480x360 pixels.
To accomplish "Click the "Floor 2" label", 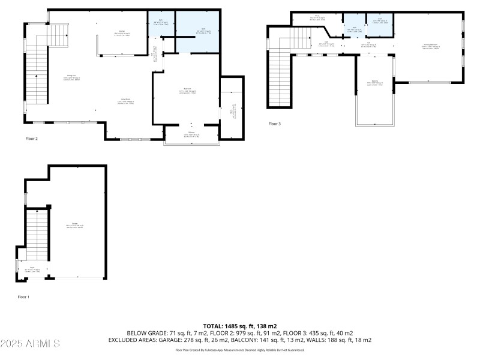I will click(32, 139).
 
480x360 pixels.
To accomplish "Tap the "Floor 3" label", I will click(274, 124).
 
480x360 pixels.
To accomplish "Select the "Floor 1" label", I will click(23, 296).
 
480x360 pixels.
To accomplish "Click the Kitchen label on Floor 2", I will click(121, 33).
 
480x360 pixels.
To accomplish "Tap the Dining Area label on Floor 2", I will click(71, 77).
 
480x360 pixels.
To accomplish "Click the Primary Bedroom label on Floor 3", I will click(430, 46).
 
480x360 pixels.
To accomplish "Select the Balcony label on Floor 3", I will click(375, 83).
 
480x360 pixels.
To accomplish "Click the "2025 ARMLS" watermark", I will click(30, 344).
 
